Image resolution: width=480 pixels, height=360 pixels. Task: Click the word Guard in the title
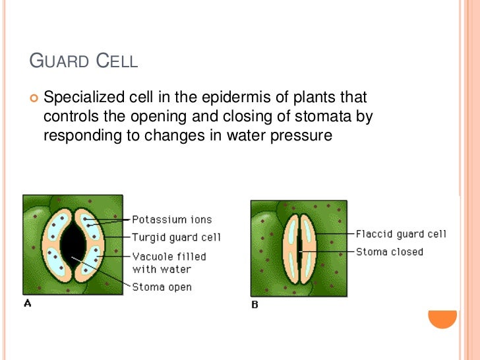pos(60,63)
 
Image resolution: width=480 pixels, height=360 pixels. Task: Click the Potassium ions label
pos(172,220)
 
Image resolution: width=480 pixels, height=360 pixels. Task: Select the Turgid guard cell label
pos(176,237)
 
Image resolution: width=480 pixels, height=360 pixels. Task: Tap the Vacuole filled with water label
pos(169,262)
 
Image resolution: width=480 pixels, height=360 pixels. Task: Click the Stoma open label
pos(162,287)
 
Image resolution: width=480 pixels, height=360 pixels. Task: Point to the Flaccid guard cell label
pos(401,234)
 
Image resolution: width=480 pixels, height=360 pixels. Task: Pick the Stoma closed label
pos(390,252)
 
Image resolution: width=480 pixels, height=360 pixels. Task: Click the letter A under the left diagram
pos(28,303)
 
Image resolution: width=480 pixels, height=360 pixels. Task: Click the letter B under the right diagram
pos(255,305)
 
